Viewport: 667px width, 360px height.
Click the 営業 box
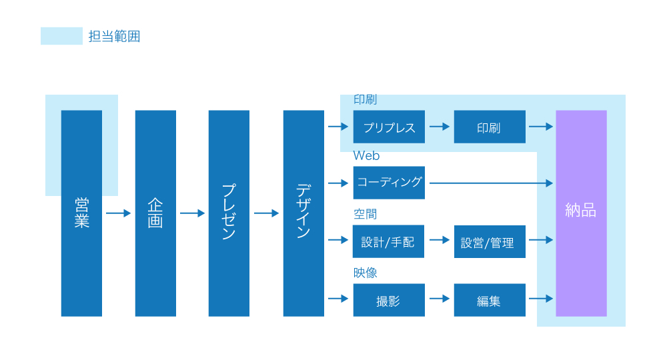81,213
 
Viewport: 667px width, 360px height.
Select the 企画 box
155,213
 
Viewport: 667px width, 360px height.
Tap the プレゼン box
229,213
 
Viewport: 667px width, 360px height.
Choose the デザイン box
303,213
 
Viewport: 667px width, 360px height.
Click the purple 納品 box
581,213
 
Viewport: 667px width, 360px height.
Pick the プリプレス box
389,127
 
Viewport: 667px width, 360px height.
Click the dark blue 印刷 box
489,127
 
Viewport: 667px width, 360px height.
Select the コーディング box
389,182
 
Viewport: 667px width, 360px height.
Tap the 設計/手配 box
388,241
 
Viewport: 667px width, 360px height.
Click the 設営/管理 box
489,242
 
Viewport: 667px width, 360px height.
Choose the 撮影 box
389,300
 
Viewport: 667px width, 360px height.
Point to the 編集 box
489,300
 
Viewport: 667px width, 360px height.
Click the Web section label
366,156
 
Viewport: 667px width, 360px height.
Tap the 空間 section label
365,214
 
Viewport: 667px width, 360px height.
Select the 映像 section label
365,273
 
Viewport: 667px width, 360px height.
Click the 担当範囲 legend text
114,37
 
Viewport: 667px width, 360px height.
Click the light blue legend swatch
61,36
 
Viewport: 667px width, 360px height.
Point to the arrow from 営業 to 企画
119,213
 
